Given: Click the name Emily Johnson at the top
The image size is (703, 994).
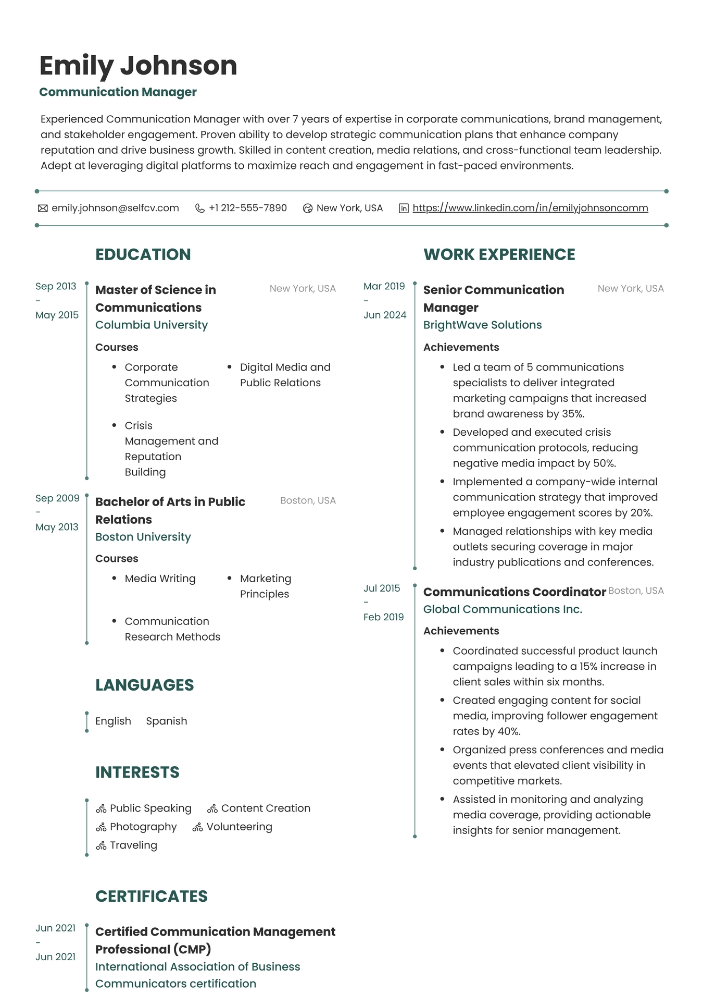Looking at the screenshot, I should (138, 66).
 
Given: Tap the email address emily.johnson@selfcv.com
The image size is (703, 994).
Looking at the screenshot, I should (115, 208).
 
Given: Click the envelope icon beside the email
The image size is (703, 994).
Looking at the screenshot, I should (43, 208).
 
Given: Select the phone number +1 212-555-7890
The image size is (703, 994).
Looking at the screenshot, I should (247, 208).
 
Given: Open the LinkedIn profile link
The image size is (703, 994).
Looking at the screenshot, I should (530, 208).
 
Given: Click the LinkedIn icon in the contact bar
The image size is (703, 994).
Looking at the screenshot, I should (404, 208).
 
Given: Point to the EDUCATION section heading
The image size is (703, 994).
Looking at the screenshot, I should (143, 254).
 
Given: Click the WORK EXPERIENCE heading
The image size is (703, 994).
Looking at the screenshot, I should (499, 254).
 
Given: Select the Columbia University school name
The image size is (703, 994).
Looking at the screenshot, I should (151, 325).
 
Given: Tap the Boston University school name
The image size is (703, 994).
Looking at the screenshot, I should (143, 537).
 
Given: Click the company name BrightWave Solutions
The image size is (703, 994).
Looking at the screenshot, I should (482, 325).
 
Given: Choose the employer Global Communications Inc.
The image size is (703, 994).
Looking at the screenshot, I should (503, 609).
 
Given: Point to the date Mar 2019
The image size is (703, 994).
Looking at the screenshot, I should (384, 286).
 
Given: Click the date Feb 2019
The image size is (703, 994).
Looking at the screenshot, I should (383, 617).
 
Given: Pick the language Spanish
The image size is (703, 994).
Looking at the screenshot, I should (166, 721).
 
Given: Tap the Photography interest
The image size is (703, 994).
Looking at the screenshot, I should (143, 827).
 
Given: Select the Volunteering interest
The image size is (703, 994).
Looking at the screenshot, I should (239, 827).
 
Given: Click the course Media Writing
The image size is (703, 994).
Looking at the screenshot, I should (160, 579).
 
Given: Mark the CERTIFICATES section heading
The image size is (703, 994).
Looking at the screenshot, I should (151, 896).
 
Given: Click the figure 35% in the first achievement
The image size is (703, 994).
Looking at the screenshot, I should (573, 414).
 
